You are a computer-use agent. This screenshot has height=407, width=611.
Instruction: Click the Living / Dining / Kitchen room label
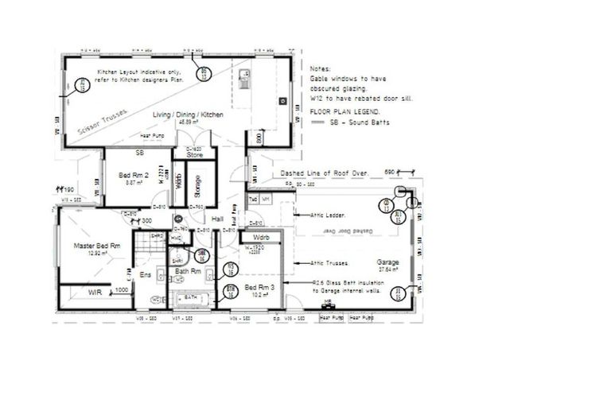click(x=188, y=115)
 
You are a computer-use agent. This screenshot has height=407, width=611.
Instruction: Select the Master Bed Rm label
click(x=96, y=246)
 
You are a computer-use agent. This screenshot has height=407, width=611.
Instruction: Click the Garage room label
click(x=387, y=262)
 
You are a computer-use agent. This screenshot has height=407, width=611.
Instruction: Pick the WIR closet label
click(x=95, y=293)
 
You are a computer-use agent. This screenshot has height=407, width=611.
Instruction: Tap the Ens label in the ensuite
click(x=146, y=275)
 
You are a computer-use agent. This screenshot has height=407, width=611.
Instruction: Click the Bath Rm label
click(x=188, y=271)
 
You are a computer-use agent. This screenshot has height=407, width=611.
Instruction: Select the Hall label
click(x=216, y=219)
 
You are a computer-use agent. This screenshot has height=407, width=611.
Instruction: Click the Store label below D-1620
click(x=195, y=155)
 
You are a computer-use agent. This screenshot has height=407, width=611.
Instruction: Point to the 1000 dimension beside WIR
click(x=121, y=291)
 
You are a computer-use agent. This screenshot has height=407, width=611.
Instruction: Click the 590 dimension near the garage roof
click(x=390, y=172)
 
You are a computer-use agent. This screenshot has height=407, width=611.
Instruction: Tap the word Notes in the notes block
click(x=318, y=70)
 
